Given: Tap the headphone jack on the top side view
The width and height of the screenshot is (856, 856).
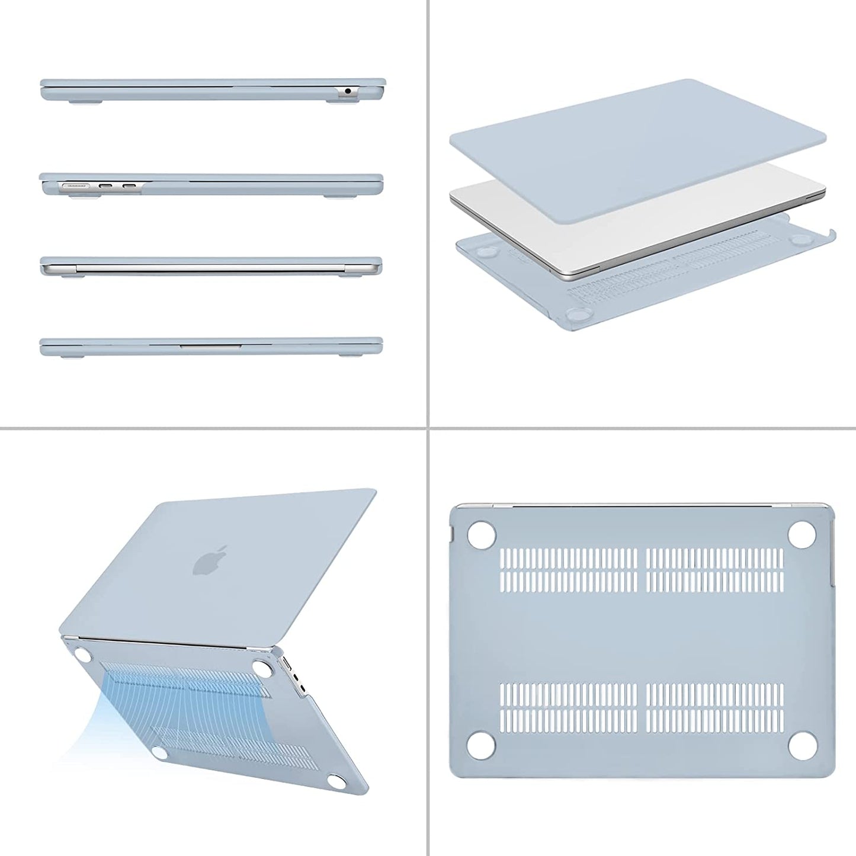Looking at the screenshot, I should click(347, 91).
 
